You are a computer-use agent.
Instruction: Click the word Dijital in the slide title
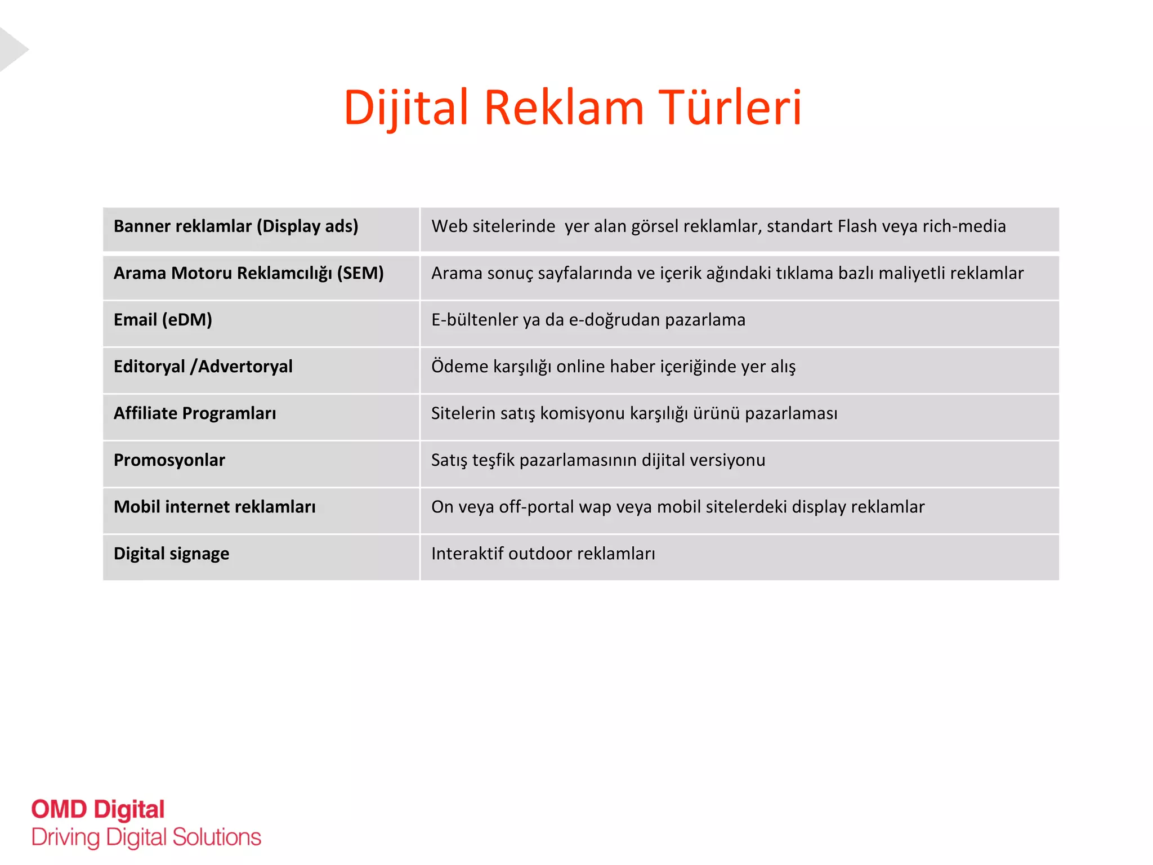click(406, 108)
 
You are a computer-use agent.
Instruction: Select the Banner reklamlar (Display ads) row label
click(236, 226)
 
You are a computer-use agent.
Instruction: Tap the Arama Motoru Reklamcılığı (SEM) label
click(248, 273)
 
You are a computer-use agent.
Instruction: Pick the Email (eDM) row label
click(163, 320)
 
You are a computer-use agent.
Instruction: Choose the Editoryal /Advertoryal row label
click(203, 367)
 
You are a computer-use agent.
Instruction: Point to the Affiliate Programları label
click(195, 413)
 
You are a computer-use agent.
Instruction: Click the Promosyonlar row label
click(169, 460)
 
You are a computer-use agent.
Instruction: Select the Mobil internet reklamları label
click(214, 507)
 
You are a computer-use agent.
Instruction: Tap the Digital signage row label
click(171, 554)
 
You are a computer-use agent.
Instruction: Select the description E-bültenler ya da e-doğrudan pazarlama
click(588, 320)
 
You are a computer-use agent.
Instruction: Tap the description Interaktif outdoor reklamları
click(543, 554)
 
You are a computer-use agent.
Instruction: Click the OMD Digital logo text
click(98, 810)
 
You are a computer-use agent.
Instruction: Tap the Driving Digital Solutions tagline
click(146, 837)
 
